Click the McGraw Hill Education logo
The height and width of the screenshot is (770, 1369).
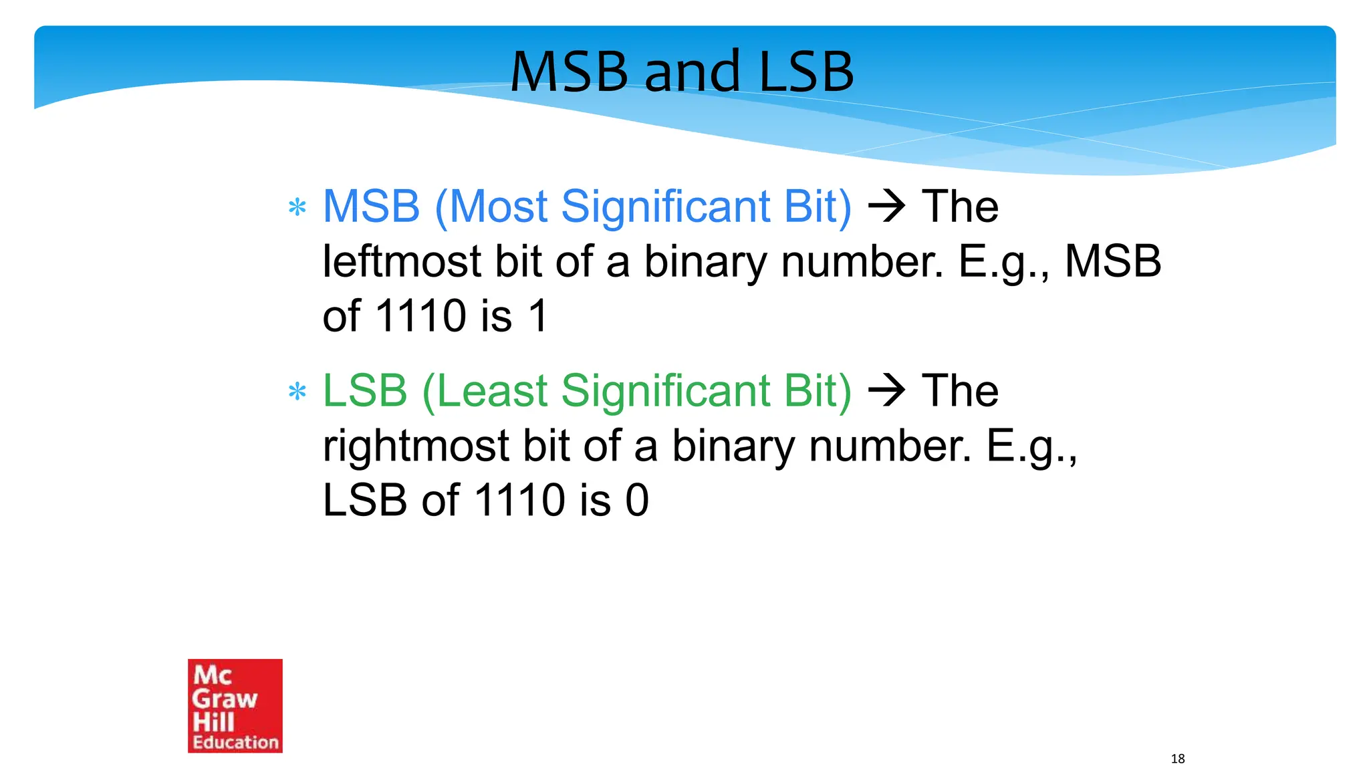(x=235, y=705)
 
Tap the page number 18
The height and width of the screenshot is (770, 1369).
(x=1178, y=759)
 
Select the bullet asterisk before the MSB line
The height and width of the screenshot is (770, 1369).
(x=297, y=207)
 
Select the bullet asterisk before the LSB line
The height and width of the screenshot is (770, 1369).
(x=297, y=392)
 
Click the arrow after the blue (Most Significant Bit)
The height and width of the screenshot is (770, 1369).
(x=886, y=207)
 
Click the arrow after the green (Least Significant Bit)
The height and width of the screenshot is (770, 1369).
(x=886, y=391)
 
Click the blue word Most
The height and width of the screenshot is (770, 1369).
(x=499, y=207)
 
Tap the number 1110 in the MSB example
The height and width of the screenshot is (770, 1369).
(x=420, y=315)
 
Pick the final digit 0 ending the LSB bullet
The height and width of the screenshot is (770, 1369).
(x=637, y=500)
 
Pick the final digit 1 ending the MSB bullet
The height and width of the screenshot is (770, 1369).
(x=538, y=315)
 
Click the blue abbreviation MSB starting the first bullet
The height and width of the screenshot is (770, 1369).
(x=371, y=207)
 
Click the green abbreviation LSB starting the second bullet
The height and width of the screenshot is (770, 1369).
(x=365, y=391)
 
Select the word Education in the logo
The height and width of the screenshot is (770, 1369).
(x=235, y=742)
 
